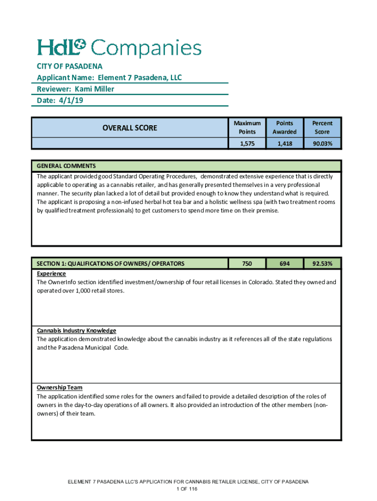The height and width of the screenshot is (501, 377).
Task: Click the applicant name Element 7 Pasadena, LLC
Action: pos(140,77)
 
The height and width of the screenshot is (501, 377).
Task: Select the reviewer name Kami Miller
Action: pos(94,89)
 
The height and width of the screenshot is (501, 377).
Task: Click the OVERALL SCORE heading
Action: pos(130,128)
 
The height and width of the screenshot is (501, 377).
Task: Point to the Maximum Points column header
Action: pos(247,127)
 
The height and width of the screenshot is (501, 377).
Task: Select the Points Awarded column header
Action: pos(284,127)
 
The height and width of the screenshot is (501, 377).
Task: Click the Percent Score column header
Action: pos(323,127)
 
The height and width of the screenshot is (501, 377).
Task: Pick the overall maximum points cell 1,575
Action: pos(247,143)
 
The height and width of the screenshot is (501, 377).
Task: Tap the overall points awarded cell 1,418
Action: pos(284,143)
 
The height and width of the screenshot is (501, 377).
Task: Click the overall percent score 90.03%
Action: pos(323,143)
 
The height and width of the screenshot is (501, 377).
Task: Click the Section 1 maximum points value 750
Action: pos(247,264)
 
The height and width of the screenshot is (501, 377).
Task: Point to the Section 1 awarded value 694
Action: pos(284,264)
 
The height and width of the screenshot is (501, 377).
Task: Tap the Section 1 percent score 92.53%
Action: pos(323,264)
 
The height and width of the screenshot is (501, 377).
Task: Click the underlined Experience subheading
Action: pos(51,273)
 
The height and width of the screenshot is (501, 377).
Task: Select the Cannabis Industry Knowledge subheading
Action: pos(76,330)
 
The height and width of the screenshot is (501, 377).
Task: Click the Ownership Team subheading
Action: pos(60,387)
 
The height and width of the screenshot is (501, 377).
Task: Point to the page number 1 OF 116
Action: pos(188,489)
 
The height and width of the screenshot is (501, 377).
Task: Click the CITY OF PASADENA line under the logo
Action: pos(70,66)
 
